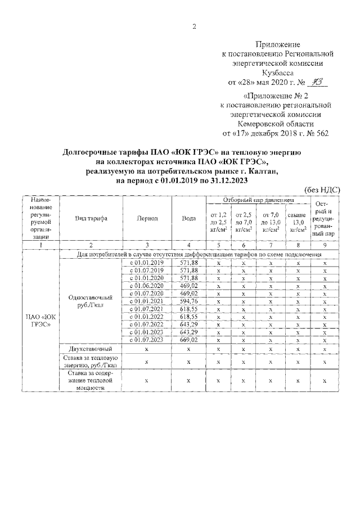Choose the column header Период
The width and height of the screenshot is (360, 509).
[x=147, y=219]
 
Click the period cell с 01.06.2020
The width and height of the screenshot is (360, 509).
[x=147, y=286]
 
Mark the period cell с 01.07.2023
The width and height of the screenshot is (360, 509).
[x=147, y=340]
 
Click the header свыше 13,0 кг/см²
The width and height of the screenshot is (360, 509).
[x=296, y=222]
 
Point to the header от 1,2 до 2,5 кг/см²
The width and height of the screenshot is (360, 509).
[x=218, y=222]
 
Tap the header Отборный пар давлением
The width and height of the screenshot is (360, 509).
[x=258, y=200]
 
